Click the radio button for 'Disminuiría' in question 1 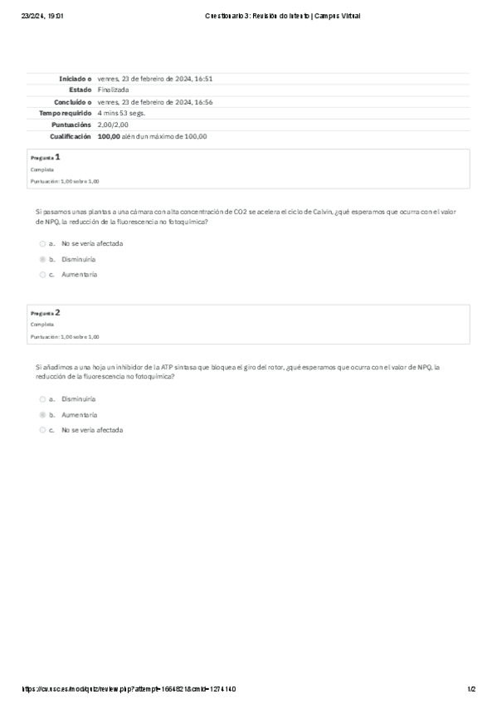42,259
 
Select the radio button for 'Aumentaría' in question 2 42,413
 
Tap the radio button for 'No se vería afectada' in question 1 42,244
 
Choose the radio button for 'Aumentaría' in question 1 42,274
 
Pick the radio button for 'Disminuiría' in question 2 42,398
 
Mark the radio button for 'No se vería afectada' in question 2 42,430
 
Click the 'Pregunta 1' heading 46,157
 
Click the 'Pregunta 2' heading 46,313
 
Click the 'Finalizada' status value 113,90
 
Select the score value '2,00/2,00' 114,125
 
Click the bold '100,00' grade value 109,136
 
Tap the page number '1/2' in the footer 470,689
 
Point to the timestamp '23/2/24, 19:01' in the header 43,16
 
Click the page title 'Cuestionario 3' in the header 282,16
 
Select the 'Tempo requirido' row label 66,113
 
